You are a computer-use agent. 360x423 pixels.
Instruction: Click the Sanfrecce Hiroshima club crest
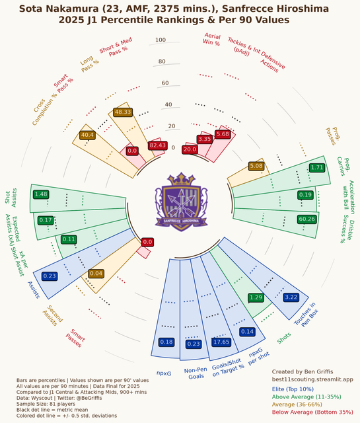click(x=181, y=202)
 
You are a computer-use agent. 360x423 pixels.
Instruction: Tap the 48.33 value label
click(x=123, y=112)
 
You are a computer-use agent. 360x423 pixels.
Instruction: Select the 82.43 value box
click(x=158, y=145)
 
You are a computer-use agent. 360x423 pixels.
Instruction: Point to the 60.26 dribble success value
click(x=307, y=219)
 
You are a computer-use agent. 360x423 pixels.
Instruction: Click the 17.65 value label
click(x=221, y=342)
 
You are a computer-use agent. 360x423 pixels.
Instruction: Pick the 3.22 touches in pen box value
click(x=291, y=297)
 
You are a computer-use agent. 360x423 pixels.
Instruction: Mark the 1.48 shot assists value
click(x=41, y=194)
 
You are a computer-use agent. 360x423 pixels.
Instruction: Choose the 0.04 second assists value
click(x=96, y=274)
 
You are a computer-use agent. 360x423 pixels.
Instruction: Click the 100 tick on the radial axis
click(x=161, y=40)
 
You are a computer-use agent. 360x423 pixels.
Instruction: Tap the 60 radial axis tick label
click(x=165, y=83)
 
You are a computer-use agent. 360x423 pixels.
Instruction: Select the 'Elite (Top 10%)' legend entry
click(x=293, y=389)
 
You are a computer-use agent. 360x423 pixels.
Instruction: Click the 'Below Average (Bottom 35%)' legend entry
click(x=312, y=412)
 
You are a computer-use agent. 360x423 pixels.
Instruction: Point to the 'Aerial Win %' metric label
click(x=212, y=40)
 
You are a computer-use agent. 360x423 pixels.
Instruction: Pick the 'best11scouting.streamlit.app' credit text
click(x=312, y=379)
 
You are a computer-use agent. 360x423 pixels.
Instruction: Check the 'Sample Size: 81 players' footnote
click(x=46, y=404)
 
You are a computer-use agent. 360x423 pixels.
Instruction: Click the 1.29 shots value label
click(x=256, y=297)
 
